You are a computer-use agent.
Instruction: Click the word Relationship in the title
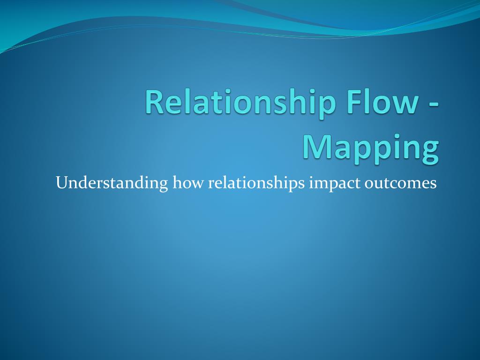pos(240,102)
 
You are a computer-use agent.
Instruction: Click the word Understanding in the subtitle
pos(112,182)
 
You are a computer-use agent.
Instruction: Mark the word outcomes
pos(400,182)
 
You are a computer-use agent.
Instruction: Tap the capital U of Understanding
pos(61,182)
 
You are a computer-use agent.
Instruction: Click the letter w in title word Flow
pos(405,104)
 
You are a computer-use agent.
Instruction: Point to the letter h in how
pos(177,182)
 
